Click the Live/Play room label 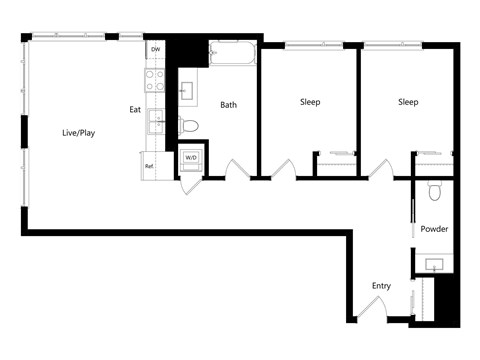click(79, 132)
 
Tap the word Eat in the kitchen click(135, 109)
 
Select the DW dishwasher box click(155, 49)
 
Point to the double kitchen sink click(156, 121)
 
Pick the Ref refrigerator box click(150, 166)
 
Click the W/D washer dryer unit click(190, 159)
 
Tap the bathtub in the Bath click(232, 54)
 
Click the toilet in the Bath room click(190, 125)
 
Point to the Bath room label click(229, 104)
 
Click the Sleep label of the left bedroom click(310, 102)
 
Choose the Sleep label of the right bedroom click(408, 102)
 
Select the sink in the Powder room click(435, 264)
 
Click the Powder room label click(434, 229)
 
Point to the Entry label click(381, 286)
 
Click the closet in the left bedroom click(337, 163)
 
